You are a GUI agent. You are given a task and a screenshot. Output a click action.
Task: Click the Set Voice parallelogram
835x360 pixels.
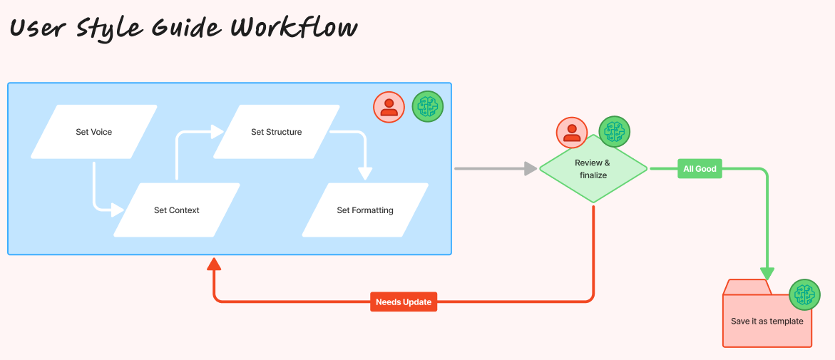coord(94,132)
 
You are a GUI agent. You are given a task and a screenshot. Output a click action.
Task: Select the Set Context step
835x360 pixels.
coord(177,210)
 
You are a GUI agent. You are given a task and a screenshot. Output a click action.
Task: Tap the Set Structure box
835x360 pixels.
coord(277,132)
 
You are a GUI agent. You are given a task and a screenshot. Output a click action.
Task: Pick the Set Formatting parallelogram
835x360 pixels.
coord(365,210)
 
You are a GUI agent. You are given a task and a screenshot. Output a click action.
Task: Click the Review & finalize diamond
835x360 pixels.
coord(593,169)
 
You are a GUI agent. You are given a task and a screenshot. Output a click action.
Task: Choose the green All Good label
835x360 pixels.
coord(700,169)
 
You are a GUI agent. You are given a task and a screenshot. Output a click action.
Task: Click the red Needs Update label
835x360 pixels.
coord(404,302)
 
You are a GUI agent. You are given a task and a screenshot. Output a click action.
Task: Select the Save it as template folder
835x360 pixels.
coord(767,321)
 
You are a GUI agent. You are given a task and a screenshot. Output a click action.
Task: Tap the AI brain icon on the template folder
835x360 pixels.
coord(804,294)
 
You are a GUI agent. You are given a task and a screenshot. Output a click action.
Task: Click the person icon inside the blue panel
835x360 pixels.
coord(389,107)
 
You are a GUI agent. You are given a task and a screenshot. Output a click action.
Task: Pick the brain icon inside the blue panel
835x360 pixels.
coord(428,107)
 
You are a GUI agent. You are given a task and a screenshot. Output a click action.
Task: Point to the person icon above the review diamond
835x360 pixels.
coord(572,132)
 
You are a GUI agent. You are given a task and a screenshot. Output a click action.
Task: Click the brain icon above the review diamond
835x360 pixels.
coord(614,131)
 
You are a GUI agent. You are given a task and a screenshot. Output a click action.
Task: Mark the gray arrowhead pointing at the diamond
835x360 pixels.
coord(531,169)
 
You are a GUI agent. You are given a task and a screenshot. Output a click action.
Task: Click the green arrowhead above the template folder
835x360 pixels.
coord(767,274)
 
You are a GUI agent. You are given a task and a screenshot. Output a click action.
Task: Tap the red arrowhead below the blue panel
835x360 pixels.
coord(214,264)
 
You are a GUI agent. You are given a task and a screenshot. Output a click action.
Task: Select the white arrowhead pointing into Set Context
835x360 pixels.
coord(118,210)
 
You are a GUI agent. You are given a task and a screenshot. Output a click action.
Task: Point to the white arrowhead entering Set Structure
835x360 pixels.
coord(217,132)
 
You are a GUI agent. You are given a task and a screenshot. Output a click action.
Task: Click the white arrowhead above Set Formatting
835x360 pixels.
coord(364,173)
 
